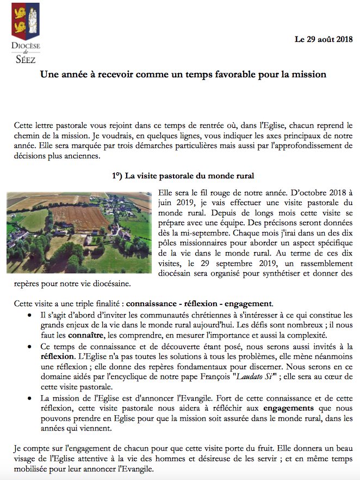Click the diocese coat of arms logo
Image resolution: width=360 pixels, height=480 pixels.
26,19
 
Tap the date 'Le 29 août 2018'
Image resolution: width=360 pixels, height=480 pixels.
324,39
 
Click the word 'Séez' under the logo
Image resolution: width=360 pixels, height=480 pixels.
26,59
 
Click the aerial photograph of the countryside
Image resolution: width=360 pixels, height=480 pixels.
79,232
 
